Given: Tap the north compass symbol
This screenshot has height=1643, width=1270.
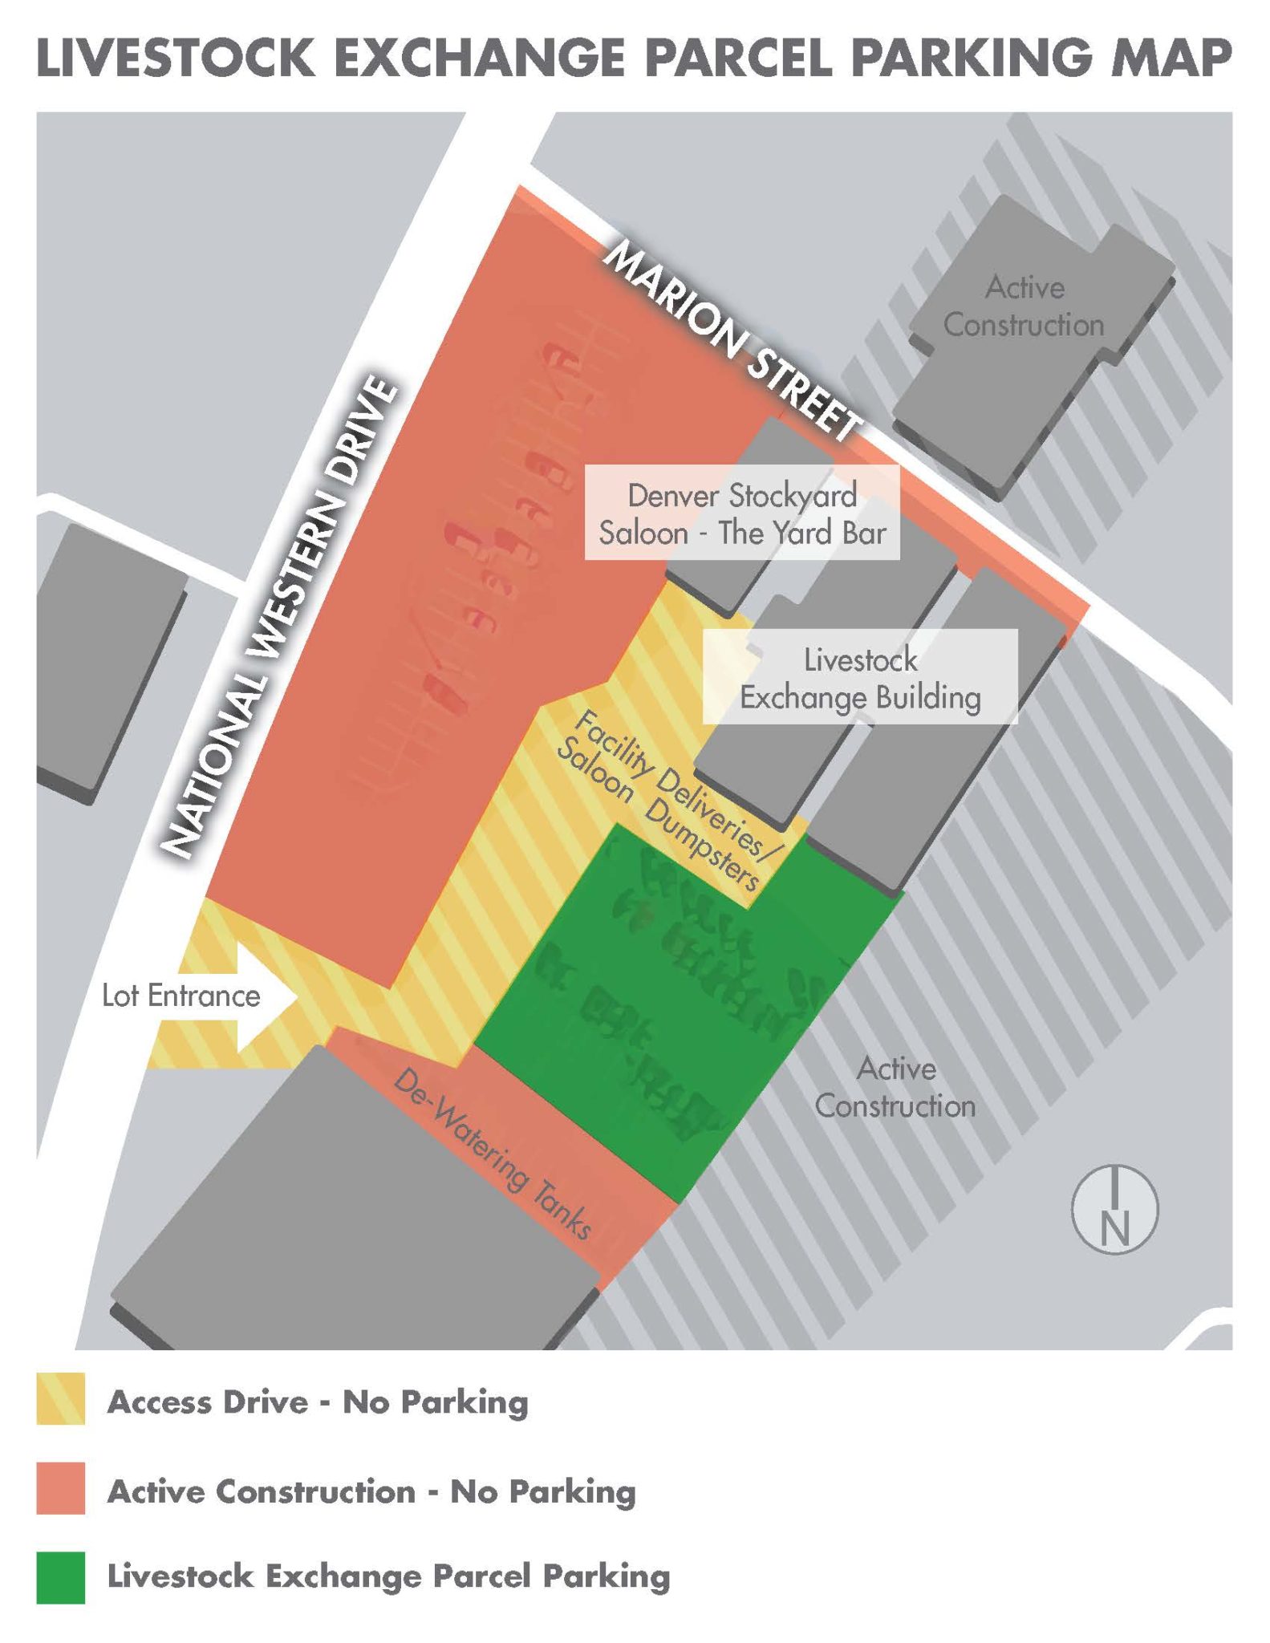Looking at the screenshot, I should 1114,1209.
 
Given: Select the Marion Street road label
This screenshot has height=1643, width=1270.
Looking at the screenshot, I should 731,341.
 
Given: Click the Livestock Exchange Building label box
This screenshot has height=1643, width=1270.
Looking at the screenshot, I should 860,678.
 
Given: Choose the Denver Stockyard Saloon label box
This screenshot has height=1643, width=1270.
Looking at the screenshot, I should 742,513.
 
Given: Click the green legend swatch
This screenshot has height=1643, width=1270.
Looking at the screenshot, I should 60,1577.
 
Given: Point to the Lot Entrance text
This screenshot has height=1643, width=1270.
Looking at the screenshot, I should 181,996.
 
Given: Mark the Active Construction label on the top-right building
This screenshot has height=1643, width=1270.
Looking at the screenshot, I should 1024,306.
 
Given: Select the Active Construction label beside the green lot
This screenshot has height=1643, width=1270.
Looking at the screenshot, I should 895,1087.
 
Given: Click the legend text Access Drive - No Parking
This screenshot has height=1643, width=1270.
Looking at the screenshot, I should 318,1402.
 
